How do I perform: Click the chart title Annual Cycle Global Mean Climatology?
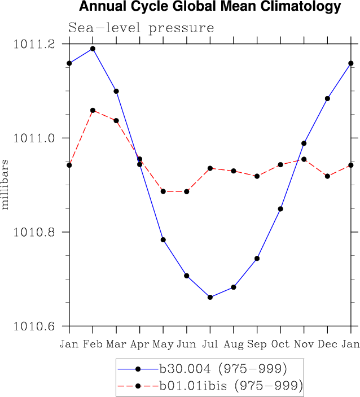point(210,7)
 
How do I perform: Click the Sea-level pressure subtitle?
point(141,28)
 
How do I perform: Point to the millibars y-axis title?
point(6,184)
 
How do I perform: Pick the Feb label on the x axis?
point(93,344)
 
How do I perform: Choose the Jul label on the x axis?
point(210,344)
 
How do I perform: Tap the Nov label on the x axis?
point(304,344)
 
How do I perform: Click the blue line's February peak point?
point(93,49)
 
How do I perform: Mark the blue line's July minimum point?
point(210,297)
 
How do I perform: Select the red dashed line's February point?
point(93,110)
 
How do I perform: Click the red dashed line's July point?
point(210,168)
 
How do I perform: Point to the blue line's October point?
point(280,209)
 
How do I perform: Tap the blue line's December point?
point(327,98)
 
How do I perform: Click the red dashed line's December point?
point(327,176)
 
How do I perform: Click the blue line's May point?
point(163,240)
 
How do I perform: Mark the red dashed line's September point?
point(257,176)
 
